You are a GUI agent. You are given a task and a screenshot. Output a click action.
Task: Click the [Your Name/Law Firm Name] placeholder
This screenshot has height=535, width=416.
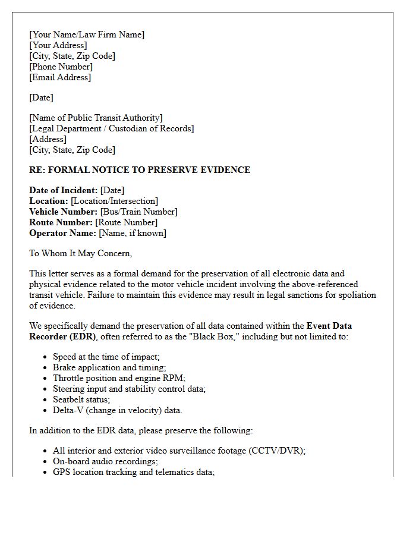pyautogui.click(x=87, y=34)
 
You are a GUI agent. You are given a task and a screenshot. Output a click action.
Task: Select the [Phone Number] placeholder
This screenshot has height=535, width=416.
pyautogui.click(x=61, y=67)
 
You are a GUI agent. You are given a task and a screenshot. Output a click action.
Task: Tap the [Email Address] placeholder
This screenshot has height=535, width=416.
pyautogui.click(x=60, y=77)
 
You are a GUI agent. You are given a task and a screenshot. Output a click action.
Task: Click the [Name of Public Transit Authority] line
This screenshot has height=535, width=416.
pyautogui.click(x=96, y=118)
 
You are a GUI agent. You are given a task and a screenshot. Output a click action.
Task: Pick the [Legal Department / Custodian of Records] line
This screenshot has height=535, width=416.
pyautogui.click(x=112, y=128)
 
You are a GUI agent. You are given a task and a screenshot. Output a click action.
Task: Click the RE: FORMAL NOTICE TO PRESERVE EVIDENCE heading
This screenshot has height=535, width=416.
pyautogui.click(x=140, y=170)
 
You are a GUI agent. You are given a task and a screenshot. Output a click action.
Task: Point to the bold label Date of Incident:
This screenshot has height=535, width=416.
pyautogui.click(x=63, y=190)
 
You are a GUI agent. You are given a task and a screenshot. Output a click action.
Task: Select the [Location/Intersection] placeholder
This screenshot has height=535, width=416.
pyautogui.click(x=114, y=201)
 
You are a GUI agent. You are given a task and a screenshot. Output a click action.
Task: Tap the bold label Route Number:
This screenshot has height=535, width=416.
pyautogui.click(x=61, y=222)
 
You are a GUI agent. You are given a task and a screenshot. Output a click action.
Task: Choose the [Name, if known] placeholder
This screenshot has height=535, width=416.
pyautogui.click(x=133, y=233)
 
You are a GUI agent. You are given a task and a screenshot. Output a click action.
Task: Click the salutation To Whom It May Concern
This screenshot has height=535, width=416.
pyautogui.click(x=80, y=253)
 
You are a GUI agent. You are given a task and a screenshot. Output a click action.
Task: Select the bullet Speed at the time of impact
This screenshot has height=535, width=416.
pyautogui.click(x=106, y=357)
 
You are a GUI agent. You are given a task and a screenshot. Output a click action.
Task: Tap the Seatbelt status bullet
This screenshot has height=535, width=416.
pyautogui.click(x=81, y=399)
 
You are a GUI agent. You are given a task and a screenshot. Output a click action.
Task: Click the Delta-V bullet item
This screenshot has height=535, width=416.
pyautogui.click(x=117, y=410)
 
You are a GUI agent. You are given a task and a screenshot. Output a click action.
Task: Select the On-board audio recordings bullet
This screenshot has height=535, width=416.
pyautogui.click(x=105, y=461)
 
